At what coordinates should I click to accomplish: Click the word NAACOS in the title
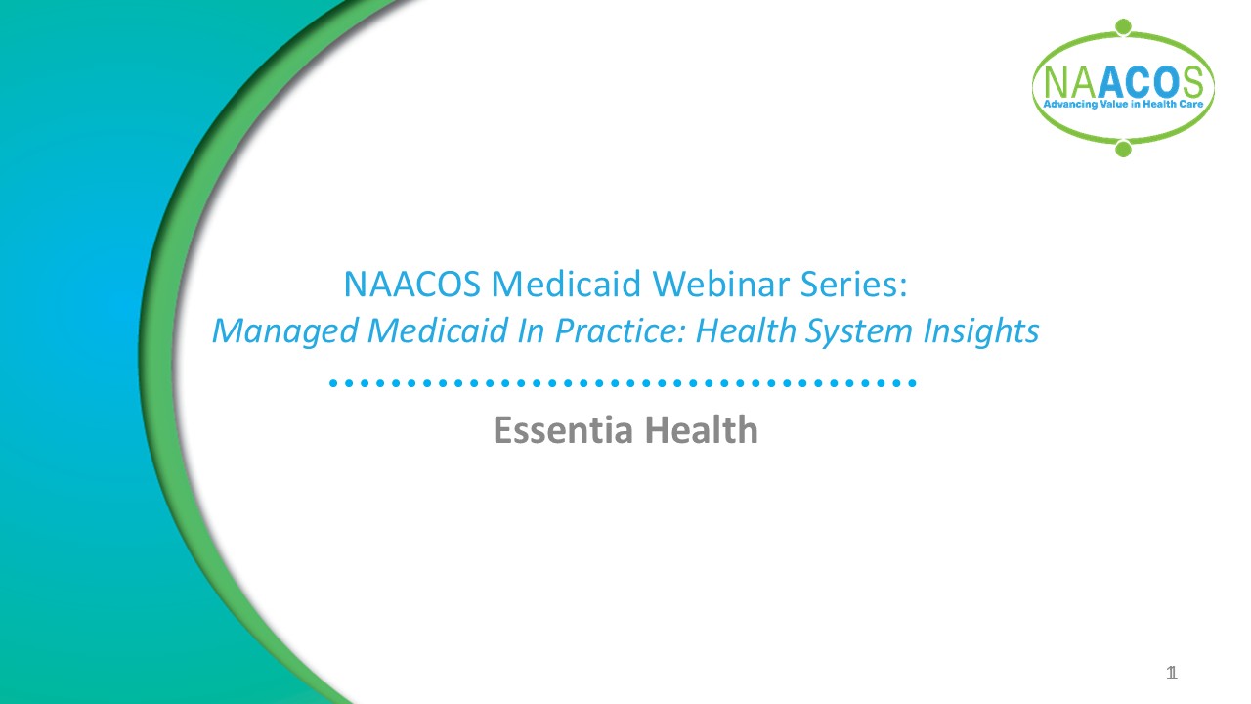point(412,284)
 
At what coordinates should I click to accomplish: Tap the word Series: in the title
point(854,284)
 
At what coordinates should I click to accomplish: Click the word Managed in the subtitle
point(285,331)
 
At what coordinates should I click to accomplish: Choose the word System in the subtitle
point(858,331)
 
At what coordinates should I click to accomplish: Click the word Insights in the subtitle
point(981,331)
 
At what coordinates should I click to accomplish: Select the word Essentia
point(564,429)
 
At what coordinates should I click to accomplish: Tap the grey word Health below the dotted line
point(702,429)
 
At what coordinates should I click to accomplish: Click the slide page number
point(1172,673)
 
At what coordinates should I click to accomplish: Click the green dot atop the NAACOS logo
point(1123,26)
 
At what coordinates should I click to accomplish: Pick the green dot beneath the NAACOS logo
point(1123,149)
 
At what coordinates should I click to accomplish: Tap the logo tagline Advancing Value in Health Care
point(1123,104)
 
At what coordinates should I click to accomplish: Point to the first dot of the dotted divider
point(333,383)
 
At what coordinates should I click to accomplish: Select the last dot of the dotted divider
point(913,383)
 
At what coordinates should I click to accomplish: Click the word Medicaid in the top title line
point(566,284)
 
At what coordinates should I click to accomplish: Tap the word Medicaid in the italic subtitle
point(437,330)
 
